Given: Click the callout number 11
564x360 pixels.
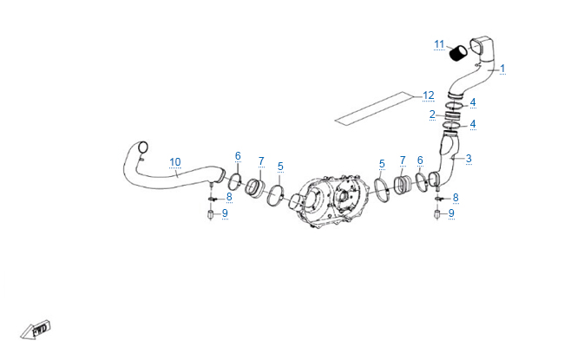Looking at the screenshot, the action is click(x=439, y=44).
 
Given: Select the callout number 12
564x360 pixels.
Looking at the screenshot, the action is click(x=429, y=95).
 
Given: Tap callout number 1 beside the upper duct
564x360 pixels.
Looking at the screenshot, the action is click(x=502, y=68).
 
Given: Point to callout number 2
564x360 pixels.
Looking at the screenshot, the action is click(x=432, y=115).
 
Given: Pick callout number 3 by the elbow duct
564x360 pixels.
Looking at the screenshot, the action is click(x=469, y=158).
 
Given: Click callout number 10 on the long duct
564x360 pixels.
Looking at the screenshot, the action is click(x=175, y=162).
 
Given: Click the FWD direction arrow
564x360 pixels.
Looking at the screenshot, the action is click(x=36, y=329).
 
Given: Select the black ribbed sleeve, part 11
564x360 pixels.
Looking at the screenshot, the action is click(x=459, y=54).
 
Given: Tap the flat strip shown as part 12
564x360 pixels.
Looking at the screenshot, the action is click(x=373, y=108).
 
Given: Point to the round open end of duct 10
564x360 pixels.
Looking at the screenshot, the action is click(x=143, y=147).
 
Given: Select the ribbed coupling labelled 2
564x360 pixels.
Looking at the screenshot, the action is click(x=452, y=116).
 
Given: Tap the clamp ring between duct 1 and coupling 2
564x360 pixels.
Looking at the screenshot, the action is click(x=454, y=106).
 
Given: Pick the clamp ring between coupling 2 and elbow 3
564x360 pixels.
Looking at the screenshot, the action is click(x=451, y=125).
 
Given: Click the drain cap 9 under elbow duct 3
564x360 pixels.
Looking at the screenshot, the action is click(x=437, y=214).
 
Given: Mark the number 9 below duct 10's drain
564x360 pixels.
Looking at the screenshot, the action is click(x=225, y=213).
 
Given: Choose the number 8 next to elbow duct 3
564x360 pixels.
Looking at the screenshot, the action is click(x=456, y=198).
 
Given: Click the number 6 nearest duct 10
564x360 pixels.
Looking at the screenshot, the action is click(x=238, y=156).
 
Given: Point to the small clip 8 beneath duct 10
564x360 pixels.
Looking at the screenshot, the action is click(x=211, y=199).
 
